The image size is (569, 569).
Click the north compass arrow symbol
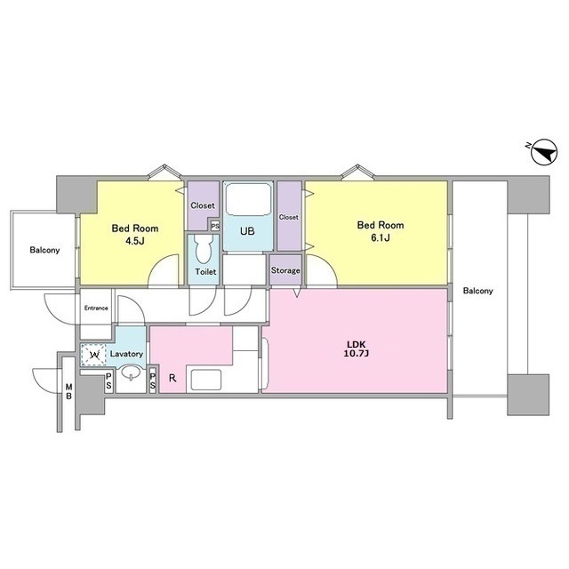pyautogui.click(x=543, y=152)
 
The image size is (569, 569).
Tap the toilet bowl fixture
pyautogui.click(x=203, y=249)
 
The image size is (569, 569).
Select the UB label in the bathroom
pyautogui.click(x=247, y=231)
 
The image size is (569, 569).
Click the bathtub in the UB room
pyautogui.click(x=249, y=199)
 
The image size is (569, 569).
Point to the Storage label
pyautogui.click(x=285, y=270)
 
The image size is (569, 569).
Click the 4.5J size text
pyautogui.click(x=135, y=241)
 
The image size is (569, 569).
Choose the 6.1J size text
pyautogui.click(x=381, y=238)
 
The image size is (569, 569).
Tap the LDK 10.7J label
pyautogui.click(x=356, y=349)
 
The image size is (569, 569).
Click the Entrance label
pyautogui.click(x=96, y=309)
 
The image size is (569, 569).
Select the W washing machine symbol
pyautogui.click(x=93, y=355)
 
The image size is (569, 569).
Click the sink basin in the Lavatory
pyautogui.click(x=131, y=373)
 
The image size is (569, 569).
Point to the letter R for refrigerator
pyautogui.click(x=172, y=378)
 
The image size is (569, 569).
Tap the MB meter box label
pyautogui.click(x=69, y=391)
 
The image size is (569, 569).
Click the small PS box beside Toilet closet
pyautogui.click(x=215, y=226)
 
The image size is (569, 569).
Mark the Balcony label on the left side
pyautogui.click(x=44, y=250)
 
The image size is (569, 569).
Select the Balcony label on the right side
pyautogui.click(x=478, y=291)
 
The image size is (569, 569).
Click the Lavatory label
pyautogui.click(x=126, y=354)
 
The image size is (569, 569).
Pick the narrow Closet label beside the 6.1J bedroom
pyautogui.click(x=289, y=217)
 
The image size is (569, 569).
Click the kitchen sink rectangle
pyautogui.click(x=206, y=380)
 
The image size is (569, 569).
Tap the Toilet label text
pyautogui.click(x=205, y=271)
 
